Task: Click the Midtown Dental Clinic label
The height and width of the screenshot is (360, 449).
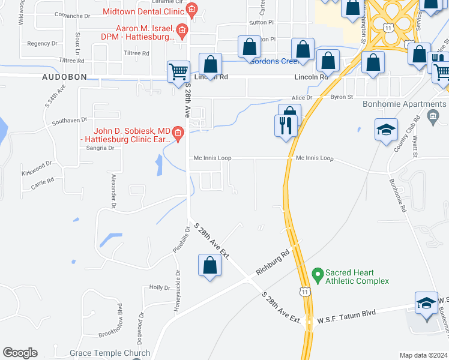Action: click(x=143, y=11)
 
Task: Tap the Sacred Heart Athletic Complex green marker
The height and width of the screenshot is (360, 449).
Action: click(x=317, y=277)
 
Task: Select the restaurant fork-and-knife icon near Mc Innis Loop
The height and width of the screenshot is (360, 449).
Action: click(x=285, y=127)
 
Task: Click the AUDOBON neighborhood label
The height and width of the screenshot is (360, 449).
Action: click(x=64, y=77)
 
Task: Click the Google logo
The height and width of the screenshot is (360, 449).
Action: click(x=20, y=353)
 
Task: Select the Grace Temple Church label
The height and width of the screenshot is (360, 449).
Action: click(x=101, y=353)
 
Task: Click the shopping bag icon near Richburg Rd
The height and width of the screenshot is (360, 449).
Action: click(x=209, y=265)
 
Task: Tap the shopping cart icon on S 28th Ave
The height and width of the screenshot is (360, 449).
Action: click(x=178, y=72)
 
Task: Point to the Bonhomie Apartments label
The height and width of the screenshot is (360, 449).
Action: click(x=393, y=103)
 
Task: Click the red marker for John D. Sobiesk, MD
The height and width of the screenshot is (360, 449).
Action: click(x=177, y=133)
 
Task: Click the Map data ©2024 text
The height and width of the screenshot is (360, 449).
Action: click(x=423, y=355)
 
